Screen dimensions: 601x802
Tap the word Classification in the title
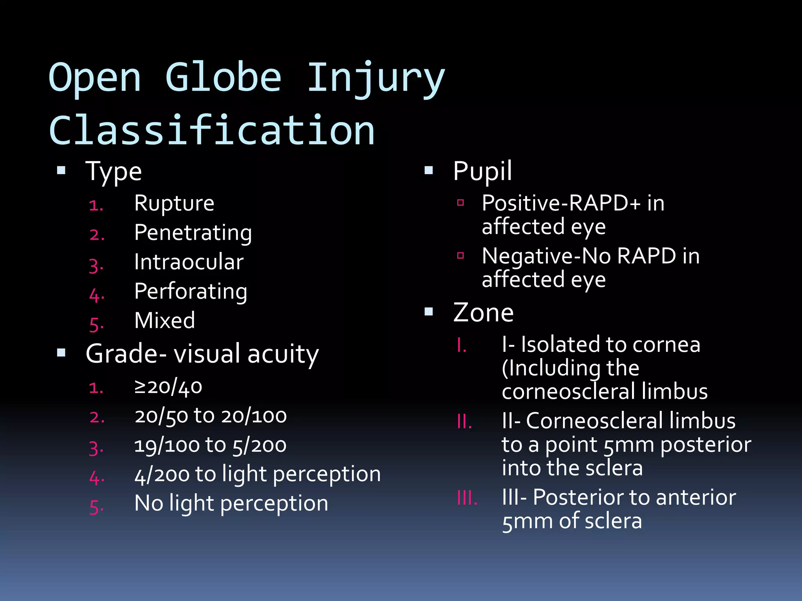coord(212,130)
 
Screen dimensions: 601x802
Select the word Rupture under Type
coord(174,203)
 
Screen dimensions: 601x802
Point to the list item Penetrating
coord(193,233)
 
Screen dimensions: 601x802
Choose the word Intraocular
coord(189,262)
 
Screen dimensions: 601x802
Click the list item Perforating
coord(191,292)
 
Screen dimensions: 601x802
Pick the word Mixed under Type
coord(164,320)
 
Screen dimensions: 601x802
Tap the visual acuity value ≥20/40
coord(168,387)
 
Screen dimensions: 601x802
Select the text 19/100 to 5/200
coord(210,446)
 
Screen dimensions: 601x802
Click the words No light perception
coord(231,504)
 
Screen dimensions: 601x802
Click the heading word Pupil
coord(482,171)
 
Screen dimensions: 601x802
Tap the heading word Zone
coord(483,313)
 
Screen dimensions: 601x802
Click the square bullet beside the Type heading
coord(61,170)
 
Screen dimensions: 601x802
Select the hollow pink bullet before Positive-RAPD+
coord(461,203)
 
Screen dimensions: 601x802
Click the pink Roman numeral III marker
coord(467,498)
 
